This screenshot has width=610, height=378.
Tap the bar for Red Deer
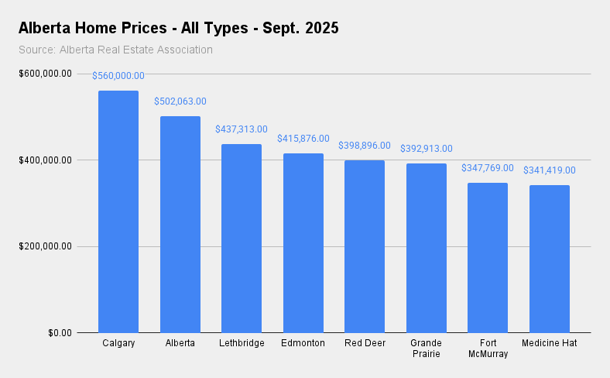click(365, 246)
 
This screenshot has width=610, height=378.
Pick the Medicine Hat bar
click(550, 259)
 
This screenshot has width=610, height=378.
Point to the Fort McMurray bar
click(488, 257)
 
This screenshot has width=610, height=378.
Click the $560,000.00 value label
click(118, 76)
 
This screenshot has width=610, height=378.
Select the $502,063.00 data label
click(180, 101)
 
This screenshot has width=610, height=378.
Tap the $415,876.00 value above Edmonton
click(303, 139)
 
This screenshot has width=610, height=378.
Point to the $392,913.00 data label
click(427, 149)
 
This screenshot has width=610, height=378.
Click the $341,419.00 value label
click(550, 170)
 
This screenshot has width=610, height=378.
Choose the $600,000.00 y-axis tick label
click(45, 74)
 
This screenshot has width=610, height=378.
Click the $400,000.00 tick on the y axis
click(45, 160)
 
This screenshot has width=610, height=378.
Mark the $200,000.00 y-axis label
click(45, 246)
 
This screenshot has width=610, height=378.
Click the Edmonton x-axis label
click(303, 343)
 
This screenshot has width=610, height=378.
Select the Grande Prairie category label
click(427, 349)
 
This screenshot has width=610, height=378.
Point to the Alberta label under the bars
click(180, 343)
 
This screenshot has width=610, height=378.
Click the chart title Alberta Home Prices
click(179, 29)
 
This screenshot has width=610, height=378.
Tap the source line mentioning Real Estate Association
click(115, 50)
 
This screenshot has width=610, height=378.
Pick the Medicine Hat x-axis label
click(550, 343)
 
